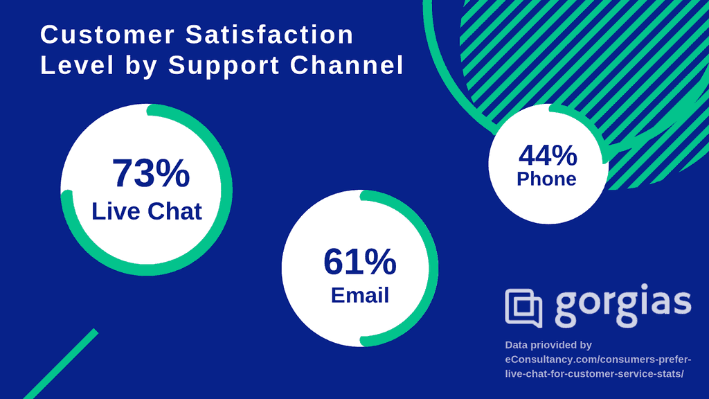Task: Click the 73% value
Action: click(151, 173)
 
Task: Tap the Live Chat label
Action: click(147, 211)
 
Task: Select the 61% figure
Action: click(360, 262)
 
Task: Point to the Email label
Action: click(360, 295)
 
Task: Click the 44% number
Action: click(548, 156)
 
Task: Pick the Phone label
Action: click(546, 179)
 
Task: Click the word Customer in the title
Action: click(107, 35)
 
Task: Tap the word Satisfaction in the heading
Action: click(269, 35)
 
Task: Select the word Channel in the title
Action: click(346, 65)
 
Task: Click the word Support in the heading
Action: click(224, 66)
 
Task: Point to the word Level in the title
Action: click(78, 65)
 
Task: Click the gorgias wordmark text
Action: click(623, 305)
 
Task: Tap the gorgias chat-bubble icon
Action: click(523, 308)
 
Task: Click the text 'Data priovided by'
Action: click(548, 345)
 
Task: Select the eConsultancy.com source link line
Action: click(598, 360)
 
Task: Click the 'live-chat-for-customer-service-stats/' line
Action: click(594, 374)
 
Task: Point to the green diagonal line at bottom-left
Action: click(61, 364)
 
